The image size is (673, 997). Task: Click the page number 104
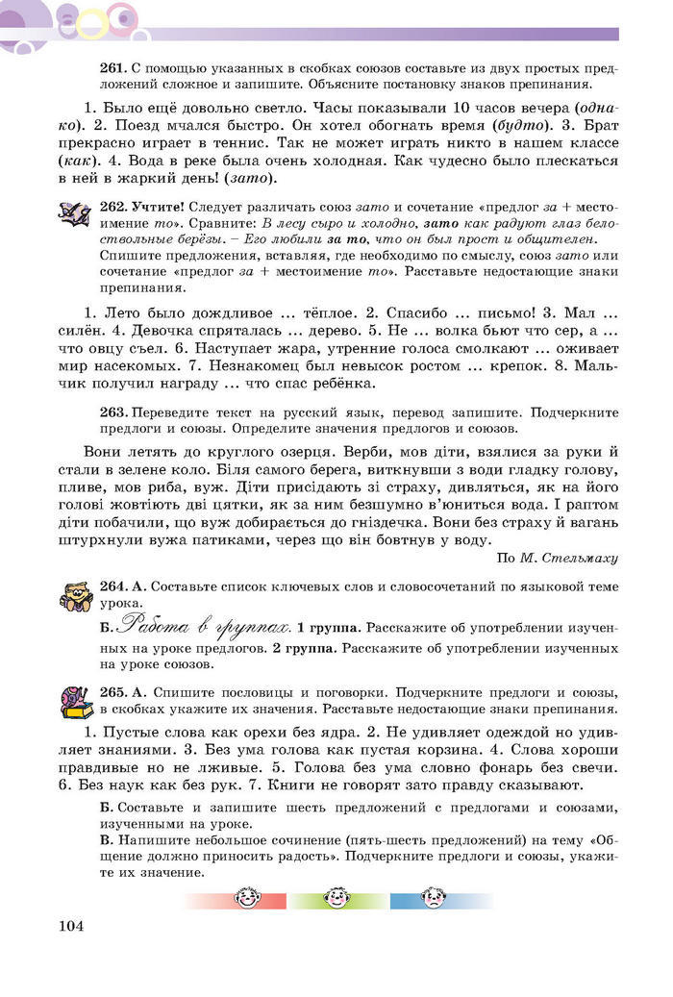(x=71, y=926)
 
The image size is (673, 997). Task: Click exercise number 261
(x=112, y=69)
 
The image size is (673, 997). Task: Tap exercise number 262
(x=112, y=207)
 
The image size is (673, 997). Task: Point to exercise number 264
(x=112, y=586)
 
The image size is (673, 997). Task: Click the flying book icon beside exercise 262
(x=74, y=213)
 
